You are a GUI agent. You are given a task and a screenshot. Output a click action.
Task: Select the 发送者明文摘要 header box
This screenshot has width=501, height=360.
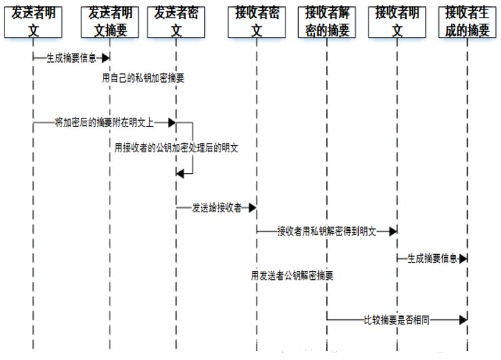(x=110, y=21)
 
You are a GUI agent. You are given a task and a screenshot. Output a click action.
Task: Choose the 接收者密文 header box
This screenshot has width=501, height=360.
(x=257, y=21)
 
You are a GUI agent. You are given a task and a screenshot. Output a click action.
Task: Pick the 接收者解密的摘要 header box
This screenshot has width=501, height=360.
(x=327, y=21)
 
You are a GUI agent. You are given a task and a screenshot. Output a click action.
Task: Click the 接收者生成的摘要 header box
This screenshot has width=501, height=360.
(x=467, y=21)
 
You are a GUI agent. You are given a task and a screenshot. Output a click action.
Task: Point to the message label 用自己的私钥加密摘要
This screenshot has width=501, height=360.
(x=143, y=79)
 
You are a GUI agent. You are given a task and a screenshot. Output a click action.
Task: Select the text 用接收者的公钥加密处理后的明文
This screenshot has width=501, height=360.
(x=177, y=148)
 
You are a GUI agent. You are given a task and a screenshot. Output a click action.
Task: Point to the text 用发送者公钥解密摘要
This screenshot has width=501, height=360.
(x=292, y=274)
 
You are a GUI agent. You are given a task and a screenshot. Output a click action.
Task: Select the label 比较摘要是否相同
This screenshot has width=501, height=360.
(x=396, y=320)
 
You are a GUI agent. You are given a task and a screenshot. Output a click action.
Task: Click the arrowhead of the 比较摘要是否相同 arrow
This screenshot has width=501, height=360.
(x=463, y=320)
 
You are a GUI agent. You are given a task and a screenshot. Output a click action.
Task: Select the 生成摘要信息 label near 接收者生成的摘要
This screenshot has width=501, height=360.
(x=432, y=258)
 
